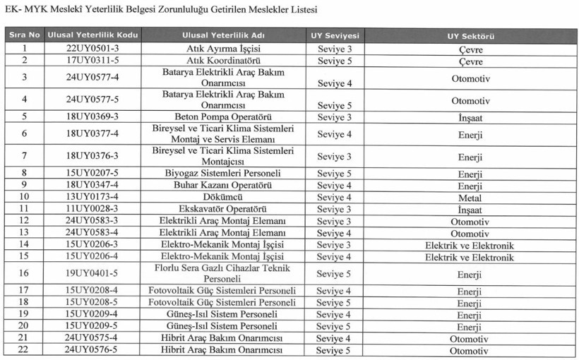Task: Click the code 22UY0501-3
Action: point(92,49)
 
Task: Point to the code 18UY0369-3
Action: point(92,117)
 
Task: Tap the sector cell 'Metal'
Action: point(470,198)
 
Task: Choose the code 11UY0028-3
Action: point(92,210)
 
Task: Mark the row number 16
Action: point(24,273)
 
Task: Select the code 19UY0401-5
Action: point(92,273)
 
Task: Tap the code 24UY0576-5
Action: point(92,351)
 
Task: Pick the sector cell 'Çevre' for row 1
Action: point(470,49)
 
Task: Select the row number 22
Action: point(24,351)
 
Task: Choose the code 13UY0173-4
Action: point(92,198)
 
